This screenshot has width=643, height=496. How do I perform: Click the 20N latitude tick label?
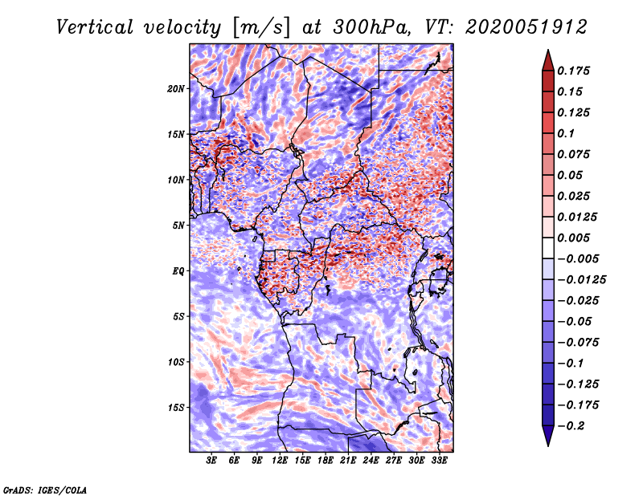point(176,88)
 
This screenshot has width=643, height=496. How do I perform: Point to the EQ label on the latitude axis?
point(178,270)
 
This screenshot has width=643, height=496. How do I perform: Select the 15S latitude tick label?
point(176,407)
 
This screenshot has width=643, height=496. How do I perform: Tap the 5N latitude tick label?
point(178,225)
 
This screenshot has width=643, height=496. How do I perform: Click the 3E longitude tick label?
point(212,461)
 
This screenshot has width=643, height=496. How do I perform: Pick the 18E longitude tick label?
point(325,461)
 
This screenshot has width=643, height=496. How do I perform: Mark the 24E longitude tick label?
point(370,461)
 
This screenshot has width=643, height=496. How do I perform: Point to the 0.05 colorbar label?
point(572,175)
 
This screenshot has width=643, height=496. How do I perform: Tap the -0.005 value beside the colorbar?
point(578,258)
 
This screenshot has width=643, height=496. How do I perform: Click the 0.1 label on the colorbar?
point(568,133)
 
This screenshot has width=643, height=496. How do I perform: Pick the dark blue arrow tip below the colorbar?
point(547,439)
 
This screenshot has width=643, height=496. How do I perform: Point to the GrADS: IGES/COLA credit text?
point(45,489)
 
